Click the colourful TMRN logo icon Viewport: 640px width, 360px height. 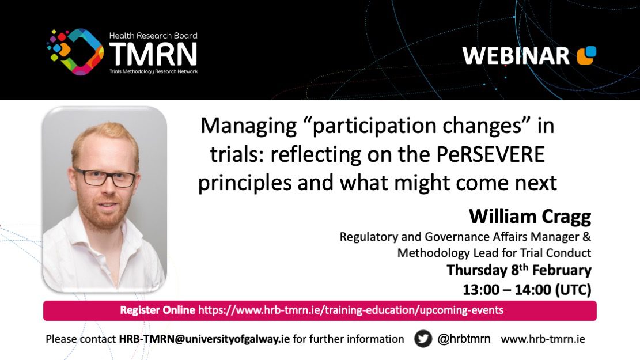pyautogui.click(x=75, y=52)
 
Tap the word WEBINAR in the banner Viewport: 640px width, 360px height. pyautogui.click(x=516, y=55)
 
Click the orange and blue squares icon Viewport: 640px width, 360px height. pyautogui.click(x=586, y=55)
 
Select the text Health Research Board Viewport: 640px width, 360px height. pyautogui.click(x=153, y=36)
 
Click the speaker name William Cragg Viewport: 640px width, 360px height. pyautogui.click(x=530, y=217)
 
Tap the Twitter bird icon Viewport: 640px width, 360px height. pyautogui.click(x=423, y=339)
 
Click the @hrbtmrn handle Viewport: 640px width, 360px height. pyautogui.click(x=464, y=339)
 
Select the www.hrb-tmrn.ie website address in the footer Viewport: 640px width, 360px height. pyautogui.click(x=543, y=339)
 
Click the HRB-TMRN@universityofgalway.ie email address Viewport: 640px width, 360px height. pyautogui.click(x=204, y=339)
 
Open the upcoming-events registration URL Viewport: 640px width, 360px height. pyautogui.click(x=351, y=310)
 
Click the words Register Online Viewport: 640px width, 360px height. pyautogui.click(x=157, y=310)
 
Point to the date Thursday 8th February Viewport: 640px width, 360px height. pyautogui.click(x=519, y=270)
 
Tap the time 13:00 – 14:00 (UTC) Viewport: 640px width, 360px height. pyautogui.click(x=527, y=289)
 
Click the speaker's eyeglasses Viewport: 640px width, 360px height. pyautogui.click(x=105, y=178)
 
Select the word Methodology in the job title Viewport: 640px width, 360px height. pyautogui.click(x=433, y=253)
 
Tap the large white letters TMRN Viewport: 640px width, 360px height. pyautogui.click(x=153, y=54)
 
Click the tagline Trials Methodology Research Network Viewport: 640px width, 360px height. pyautogui.click(x=153, y=71)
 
